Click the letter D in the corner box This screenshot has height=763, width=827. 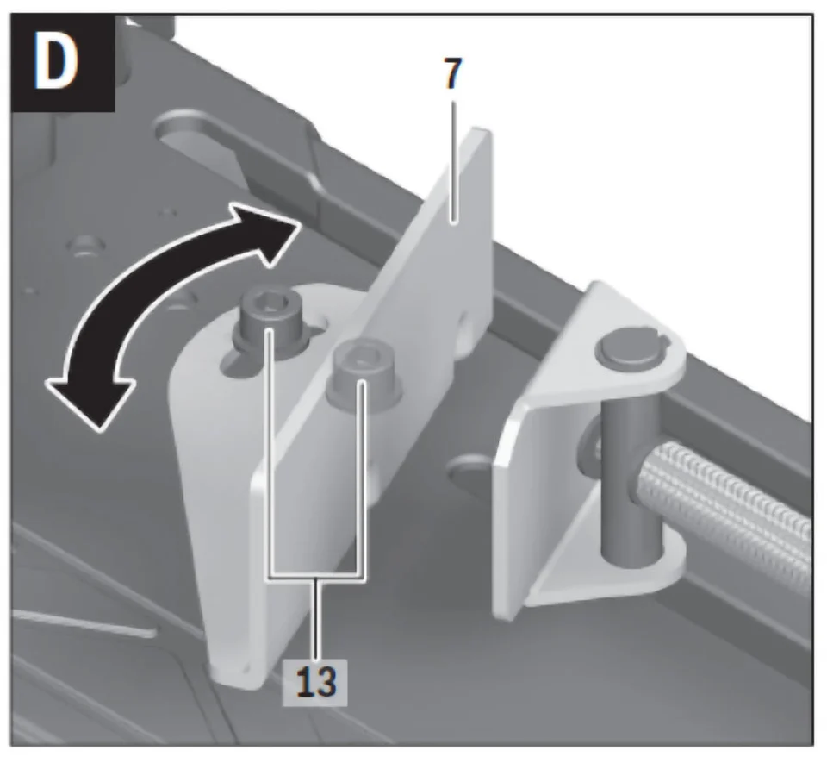click(57, 63)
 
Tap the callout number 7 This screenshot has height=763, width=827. click(452, 72)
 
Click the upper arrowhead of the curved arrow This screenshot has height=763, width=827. click(269, 233)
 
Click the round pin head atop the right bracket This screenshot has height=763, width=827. click(629, 349)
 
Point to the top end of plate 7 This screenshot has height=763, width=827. click(481, 132)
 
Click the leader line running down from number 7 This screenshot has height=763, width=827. click(452, 161)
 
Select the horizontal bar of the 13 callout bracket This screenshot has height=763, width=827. click(316, 576)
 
